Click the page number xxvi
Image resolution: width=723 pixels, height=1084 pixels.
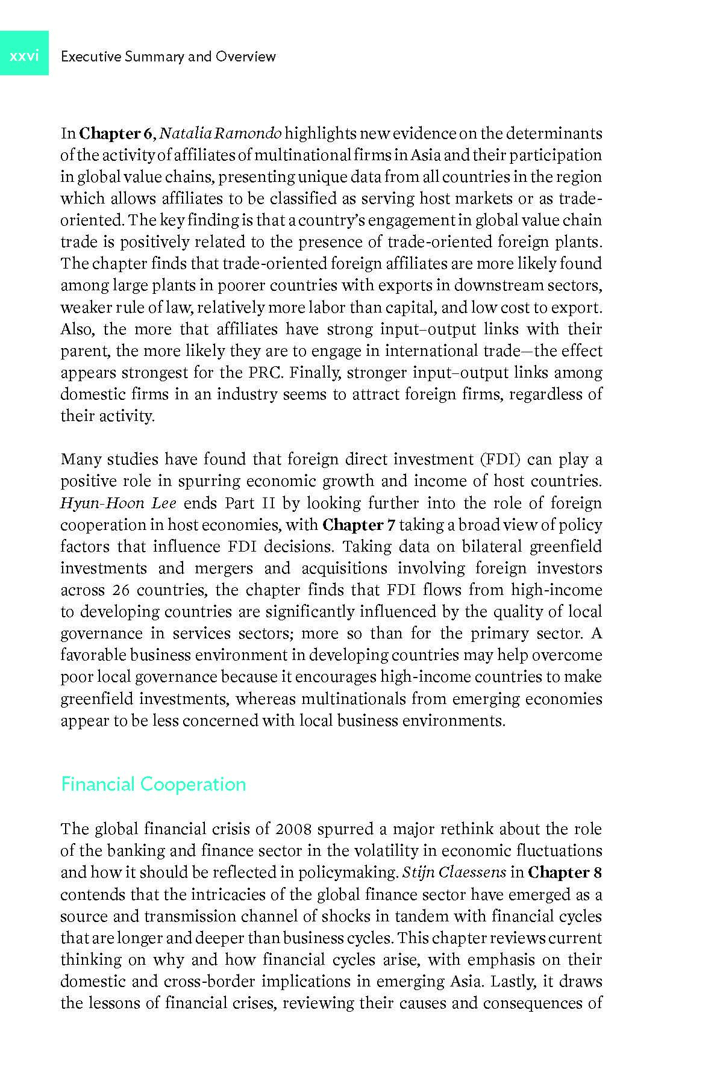click(24, 55)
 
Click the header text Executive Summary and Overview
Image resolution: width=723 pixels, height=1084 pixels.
click(168, 57)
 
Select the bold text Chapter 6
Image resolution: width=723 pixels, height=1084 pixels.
click(116, 133)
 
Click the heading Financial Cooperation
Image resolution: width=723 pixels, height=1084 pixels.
click(153, 784)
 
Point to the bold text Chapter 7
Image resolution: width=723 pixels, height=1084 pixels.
click(358, 525)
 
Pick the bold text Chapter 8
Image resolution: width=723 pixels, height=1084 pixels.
click(565, 873)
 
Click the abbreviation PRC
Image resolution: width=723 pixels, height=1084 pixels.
click(264, 372)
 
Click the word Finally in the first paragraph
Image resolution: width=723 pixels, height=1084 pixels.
click(313, 372)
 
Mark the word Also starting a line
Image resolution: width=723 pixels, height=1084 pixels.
click(76, 329)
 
